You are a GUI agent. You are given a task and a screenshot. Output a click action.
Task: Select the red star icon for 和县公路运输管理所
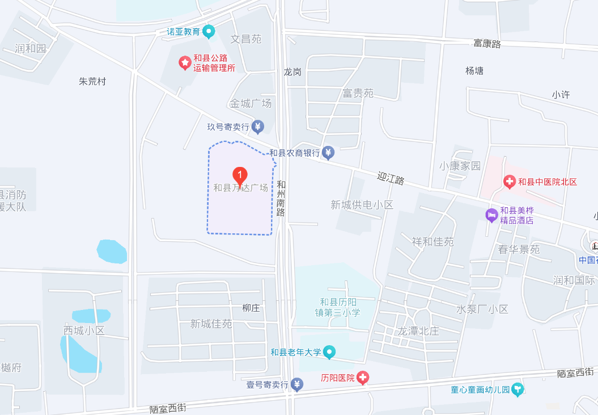[x=185, y=62]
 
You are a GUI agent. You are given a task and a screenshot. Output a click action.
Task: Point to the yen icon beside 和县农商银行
[x=328, y=153]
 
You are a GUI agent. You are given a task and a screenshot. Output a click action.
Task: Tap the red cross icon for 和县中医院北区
[x=510, y=182]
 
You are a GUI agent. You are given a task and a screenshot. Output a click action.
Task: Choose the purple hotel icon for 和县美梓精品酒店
[x=491, y=215]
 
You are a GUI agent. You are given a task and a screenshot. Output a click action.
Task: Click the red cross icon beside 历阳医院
[x=363, y=378]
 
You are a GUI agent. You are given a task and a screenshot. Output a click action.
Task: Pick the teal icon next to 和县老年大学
[x=329, y=353]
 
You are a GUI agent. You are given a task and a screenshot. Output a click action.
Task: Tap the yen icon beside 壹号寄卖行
[x=297, y=385]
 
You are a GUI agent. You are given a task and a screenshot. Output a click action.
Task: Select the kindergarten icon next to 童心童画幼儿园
[x=517, y=390]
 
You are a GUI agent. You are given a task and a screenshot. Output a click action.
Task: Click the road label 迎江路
[x=391, y=179]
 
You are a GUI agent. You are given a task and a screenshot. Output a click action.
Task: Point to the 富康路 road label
[x=487, y=44]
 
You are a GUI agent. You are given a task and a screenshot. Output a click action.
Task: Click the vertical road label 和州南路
[x=281, y=198]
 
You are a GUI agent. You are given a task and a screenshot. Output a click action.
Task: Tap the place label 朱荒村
[x=92, y=81]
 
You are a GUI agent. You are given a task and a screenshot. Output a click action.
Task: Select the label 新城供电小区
[x=362, y=204]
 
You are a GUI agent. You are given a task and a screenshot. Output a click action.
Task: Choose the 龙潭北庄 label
[x=418, y=331]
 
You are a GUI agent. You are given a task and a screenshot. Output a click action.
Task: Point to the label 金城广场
[x=250, y=103]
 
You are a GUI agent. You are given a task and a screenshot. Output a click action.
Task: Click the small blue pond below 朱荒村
[x=112, y=251]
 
